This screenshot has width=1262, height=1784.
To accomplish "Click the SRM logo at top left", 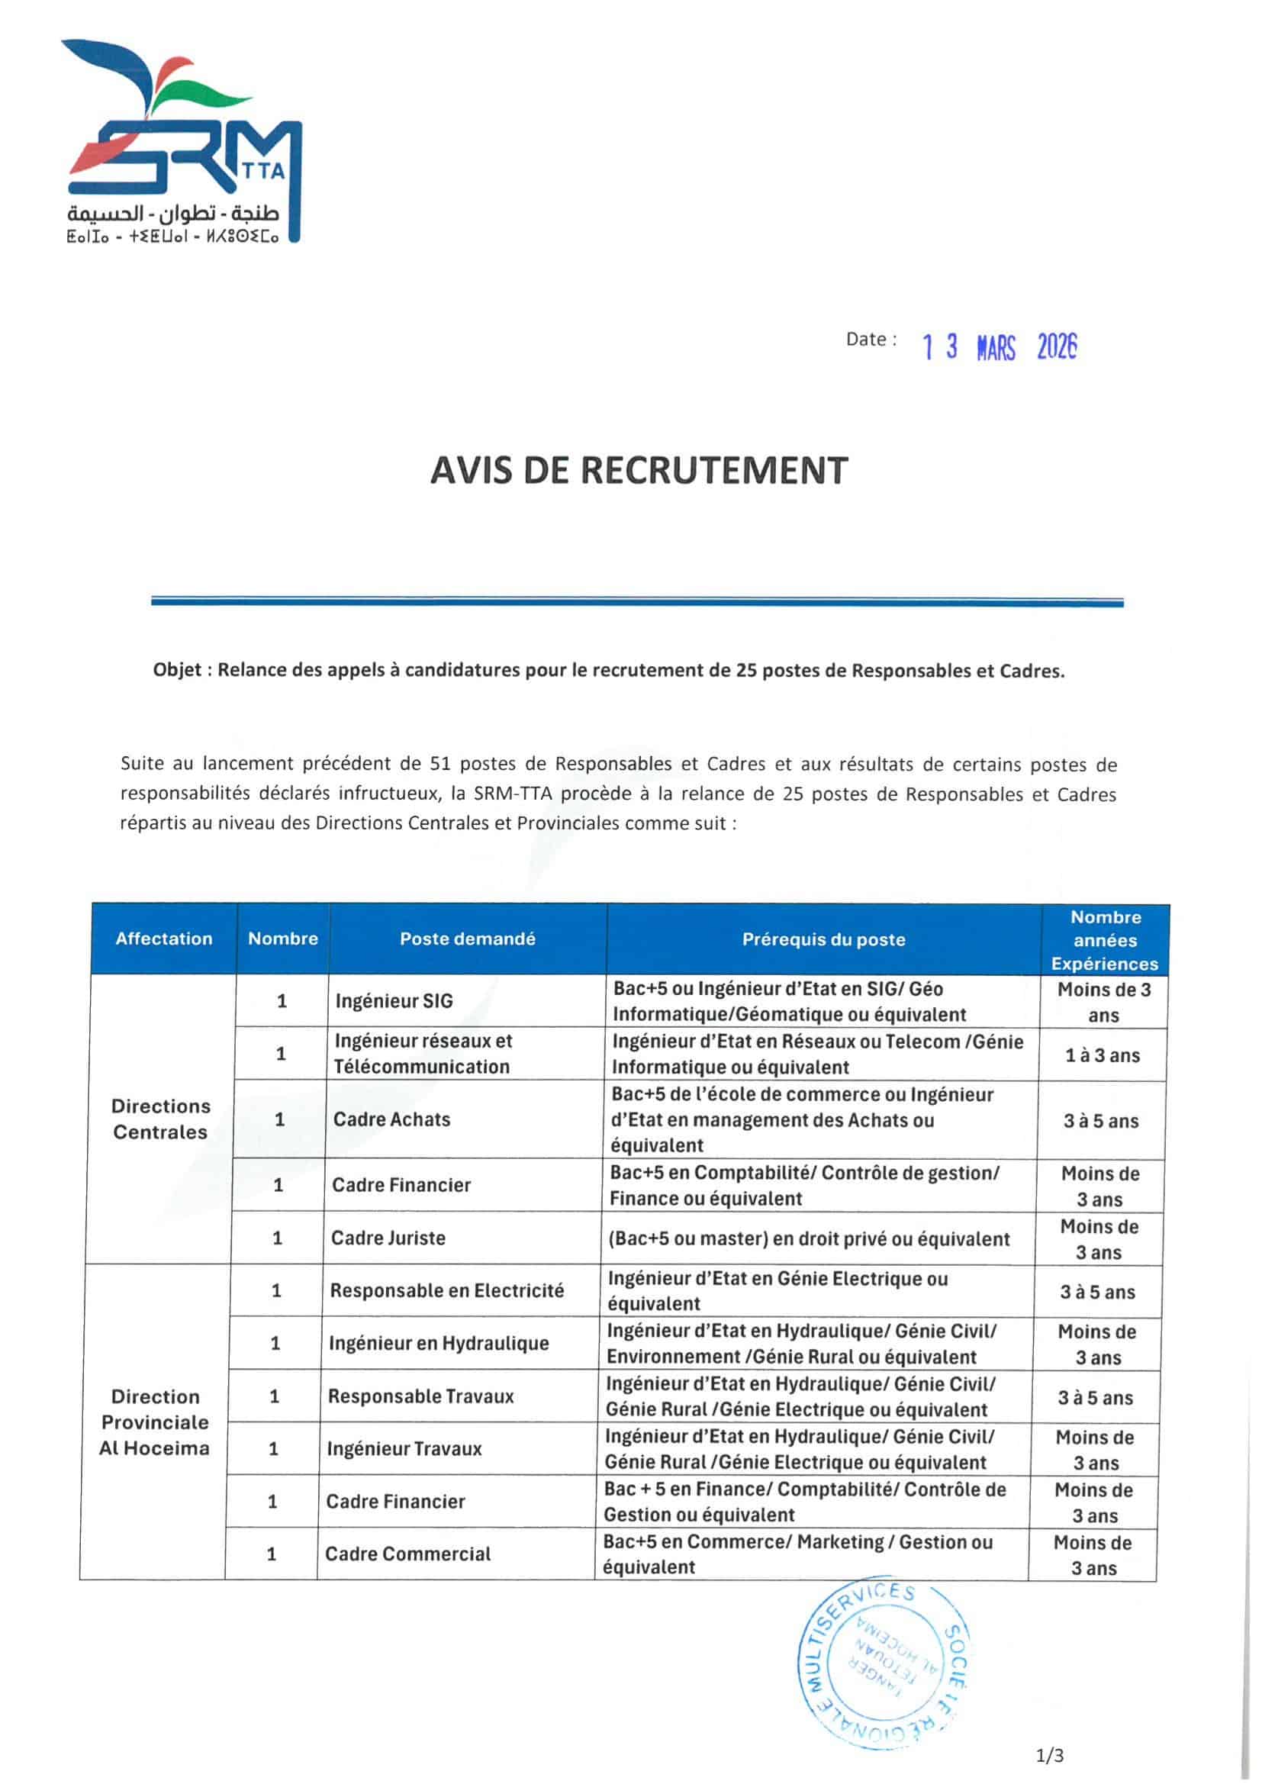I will click(x=182, y=140).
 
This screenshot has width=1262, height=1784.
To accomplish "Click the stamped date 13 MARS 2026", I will click(x=1000, y=347).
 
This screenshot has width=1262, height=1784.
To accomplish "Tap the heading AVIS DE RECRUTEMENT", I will click(x=638, y=471).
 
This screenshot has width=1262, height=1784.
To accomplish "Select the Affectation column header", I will click(x=164, y=939).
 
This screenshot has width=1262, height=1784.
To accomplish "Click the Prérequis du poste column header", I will click(x=824, y=939).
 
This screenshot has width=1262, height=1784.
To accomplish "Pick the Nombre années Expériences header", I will click(x=1104, y=940).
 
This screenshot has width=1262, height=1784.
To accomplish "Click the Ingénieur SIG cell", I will click(x=394, y=1002).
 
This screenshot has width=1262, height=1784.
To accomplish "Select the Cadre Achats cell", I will click(x=391, y=1119).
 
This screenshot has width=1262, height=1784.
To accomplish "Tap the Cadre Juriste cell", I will click(x=388, y=1238).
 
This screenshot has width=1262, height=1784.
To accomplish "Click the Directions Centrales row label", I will click(x=160, y=1119).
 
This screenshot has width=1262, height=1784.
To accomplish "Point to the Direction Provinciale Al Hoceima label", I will click(x=155, y=1422).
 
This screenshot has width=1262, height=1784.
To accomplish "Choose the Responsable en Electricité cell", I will click(x=447, y=1290).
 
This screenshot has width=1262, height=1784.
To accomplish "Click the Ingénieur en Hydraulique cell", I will click(x=438, y=1344).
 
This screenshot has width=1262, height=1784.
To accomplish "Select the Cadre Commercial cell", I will click(x=408, y=1554).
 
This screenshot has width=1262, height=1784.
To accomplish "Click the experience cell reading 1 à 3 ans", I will click(x=1102, y=1055).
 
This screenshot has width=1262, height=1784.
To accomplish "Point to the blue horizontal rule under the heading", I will click(x=637, y=601).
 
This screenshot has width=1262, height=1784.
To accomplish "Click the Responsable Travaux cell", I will click(x=420, y=1396).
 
